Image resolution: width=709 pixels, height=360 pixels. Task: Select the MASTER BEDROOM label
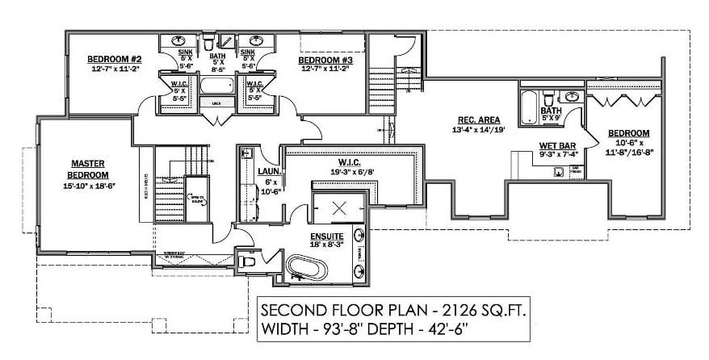tap(87, 168)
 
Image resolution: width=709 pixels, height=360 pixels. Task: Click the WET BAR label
tap(556, 146)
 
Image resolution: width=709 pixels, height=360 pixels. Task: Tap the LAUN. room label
tap(269, 170)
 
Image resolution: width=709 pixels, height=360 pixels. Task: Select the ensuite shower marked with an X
tap(339, 208)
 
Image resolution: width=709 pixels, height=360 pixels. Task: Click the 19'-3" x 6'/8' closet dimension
tap(350, 171)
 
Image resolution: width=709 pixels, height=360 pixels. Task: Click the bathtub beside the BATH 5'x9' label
tap(528, 105)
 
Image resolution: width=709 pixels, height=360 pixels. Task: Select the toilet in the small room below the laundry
tap(249, 261)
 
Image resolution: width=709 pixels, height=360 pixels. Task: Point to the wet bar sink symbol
tap(558, 170)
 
